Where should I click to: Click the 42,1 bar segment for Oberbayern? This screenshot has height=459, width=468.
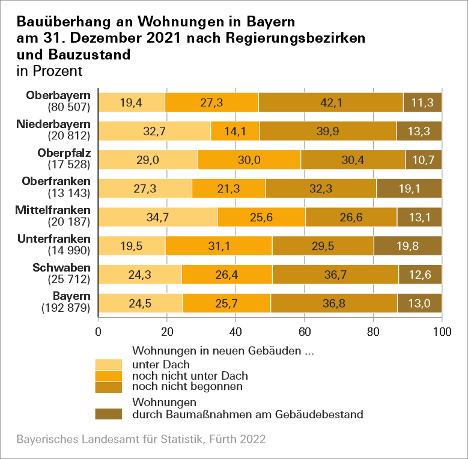click(331, 102)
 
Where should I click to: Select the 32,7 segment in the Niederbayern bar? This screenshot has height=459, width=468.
click(154, 131)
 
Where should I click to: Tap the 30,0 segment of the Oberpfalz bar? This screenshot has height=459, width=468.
click(249, 159)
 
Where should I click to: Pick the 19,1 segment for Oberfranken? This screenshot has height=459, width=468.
click(409, 188)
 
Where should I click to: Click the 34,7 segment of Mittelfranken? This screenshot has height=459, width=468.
click(157, 217)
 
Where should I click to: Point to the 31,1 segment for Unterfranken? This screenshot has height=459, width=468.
click(219, 246)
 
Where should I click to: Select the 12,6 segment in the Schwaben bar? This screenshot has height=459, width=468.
click(421, 274)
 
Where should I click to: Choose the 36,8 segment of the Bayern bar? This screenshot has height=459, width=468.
click(333, 303)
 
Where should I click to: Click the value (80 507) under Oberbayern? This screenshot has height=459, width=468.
click(68, 108)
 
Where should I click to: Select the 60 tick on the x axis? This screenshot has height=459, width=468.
click(305, 331)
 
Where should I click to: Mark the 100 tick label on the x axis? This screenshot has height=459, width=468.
click(442, 331)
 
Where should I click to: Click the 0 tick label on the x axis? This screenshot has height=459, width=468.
click(98, 331)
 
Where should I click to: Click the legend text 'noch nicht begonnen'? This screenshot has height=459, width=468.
click(187, 386)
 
